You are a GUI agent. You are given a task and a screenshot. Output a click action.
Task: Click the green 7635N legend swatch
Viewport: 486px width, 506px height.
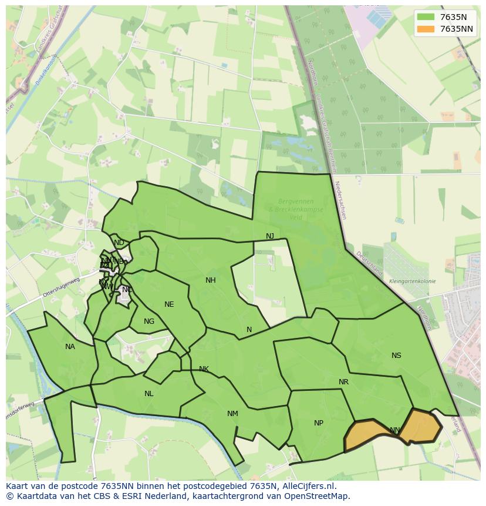(426, 17)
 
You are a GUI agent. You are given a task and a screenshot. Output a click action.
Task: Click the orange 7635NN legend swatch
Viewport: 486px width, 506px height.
(426, 29)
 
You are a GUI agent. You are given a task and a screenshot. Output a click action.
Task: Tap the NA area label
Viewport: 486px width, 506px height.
(70, 347)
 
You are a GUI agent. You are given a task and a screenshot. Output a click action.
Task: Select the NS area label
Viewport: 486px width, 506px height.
(396, 356)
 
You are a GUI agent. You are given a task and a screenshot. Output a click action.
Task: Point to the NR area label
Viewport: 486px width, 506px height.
(343, 382)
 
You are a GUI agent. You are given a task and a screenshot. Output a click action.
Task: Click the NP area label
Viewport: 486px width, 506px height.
(318, 423)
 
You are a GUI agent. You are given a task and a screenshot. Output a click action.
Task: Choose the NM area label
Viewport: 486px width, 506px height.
(232, 414)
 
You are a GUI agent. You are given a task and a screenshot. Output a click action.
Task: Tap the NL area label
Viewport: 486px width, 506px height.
(148, 394)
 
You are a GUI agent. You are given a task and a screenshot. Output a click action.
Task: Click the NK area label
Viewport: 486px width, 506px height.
(204, 369)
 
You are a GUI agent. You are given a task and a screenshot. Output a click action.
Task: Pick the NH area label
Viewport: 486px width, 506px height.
(210, 280)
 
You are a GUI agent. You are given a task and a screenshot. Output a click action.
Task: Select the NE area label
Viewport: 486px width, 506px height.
(169, 304)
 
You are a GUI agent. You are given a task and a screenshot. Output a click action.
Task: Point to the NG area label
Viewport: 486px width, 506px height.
(149, 321)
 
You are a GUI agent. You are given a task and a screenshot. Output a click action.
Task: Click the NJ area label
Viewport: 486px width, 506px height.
(269, 236)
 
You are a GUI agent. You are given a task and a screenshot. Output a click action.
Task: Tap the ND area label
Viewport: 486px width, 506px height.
(119, 243)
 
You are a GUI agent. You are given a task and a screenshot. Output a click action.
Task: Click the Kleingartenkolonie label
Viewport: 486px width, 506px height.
(412, 282)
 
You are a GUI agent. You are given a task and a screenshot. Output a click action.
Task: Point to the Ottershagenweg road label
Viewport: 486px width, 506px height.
(60, 286)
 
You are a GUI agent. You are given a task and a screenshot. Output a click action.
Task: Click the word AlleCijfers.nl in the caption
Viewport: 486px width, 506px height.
(307, 486)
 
